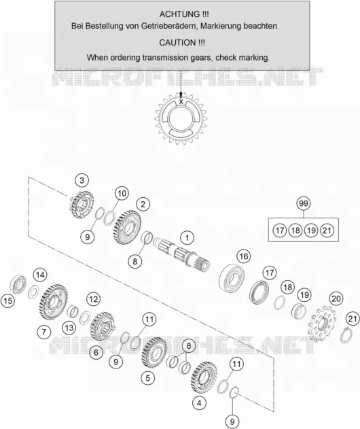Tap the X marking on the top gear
181,101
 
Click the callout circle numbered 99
304,203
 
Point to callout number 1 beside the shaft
187,237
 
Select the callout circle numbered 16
244,256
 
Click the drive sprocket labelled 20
322,324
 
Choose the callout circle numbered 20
336,298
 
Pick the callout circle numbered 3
82,181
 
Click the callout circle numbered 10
122,194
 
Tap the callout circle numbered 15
8,301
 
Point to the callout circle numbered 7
44,332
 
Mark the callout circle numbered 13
69,328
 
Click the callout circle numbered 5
148,378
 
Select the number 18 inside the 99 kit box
295,230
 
